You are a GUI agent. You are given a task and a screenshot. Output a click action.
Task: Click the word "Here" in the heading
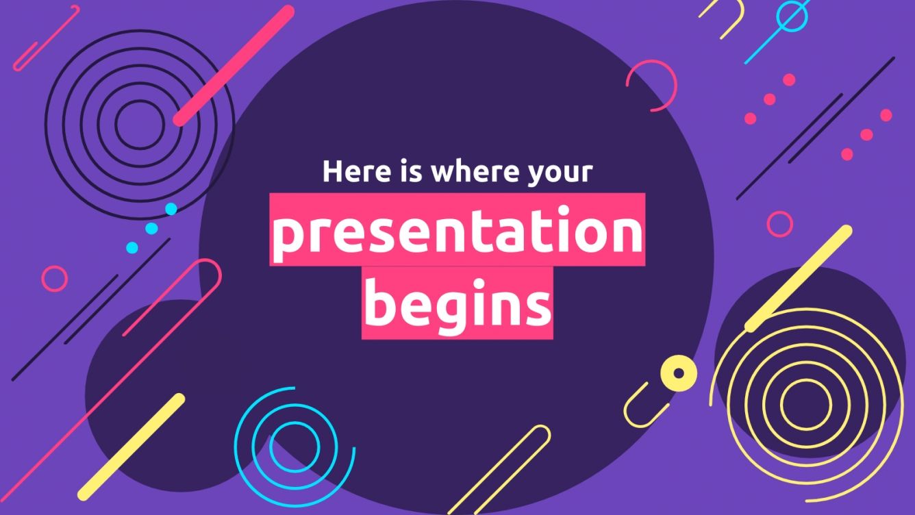click(x=355, y=171)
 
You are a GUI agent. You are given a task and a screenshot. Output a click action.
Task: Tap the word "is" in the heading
click(x=408, y=171)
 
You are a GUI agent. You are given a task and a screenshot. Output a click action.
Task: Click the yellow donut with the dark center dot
click(x=678, y=373)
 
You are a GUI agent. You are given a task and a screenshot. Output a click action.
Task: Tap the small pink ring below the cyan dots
click(x=55, y=279)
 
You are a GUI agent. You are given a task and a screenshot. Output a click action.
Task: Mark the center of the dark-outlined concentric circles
click(x=140, y=123)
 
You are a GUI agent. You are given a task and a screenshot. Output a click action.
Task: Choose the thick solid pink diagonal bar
click(x=234, y=66)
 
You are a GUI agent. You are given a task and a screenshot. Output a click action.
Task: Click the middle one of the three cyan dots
click(x=152, y=228)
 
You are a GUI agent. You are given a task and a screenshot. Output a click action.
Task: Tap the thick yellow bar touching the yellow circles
click(x=799, y=279)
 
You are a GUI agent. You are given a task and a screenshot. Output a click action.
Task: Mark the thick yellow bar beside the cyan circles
click(x=131, y=447)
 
